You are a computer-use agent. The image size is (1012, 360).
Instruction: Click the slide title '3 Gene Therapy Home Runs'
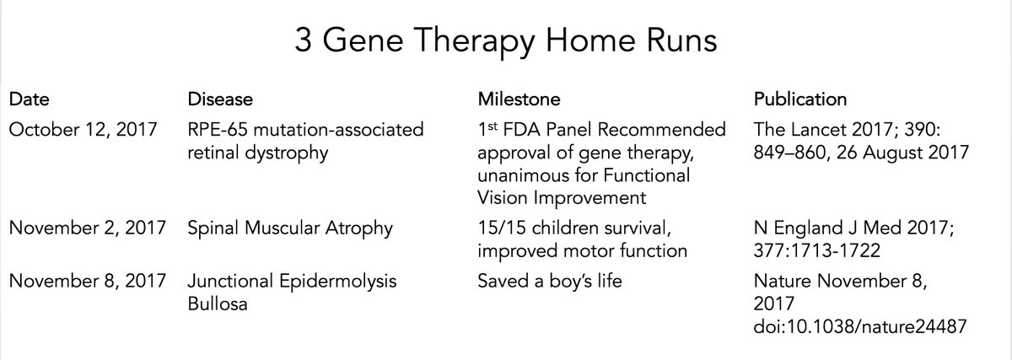[x=506, y=40]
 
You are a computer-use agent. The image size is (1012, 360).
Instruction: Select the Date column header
[x=29, y=99]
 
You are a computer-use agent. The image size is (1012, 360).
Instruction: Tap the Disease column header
[x=220, y=99]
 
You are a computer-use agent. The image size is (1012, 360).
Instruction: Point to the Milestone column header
[x=519, y=99]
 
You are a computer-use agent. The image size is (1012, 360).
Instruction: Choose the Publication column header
[x=800, y=99]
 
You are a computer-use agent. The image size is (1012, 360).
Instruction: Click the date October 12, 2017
[x=83, y=130]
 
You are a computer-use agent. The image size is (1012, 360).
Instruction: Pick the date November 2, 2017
[x=87, y=228]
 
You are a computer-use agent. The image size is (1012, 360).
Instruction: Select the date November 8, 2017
[x=87, y=281]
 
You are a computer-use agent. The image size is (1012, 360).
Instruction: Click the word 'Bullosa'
[x=218, y=304]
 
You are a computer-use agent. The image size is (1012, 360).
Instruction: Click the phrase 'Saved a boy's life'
[x=549, y=281]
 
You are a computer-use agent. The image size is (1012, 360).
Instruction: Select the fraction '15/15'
[x=502, y=228]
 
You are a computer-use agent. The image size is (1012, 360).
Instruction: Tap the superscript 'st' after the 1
[x=493, y=126]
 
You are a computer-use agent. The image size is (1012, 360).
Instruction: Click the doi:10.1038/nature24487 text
[x=859, y=326]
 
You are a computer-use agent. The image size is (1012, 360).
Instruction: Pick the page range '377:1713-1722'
[x=817, y=250]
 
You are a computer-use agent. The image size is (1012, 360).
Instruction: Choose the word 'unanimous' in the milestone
[x=523, y=175]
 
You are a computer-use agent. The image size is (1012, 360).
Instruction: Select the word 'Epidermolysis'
[x=337, y=282]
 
